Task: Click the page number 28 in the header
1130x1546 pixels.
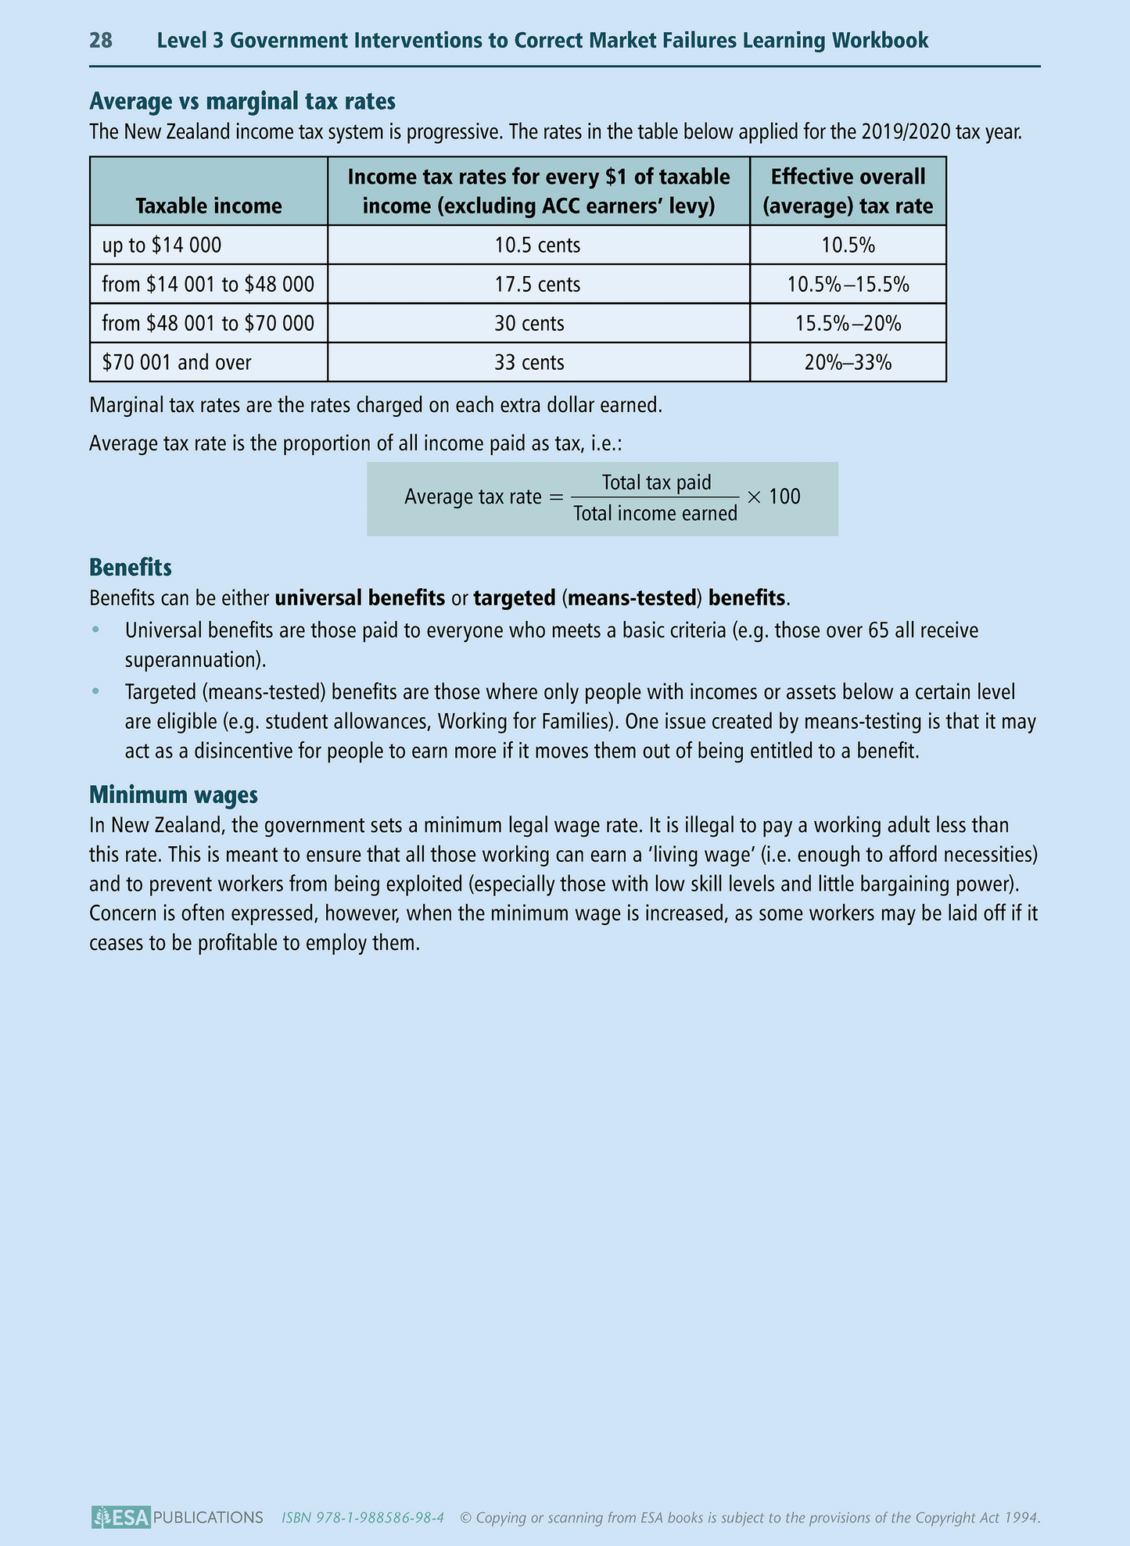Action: click(x=101, y=41)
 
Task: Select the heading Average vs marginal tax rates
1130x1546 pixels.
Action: click(x=242, y=101)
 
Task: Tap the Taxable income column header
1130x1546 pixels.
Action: click(x=209, y=206)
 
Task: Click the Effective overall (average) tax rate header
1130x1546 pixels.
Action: click(x=848, y=191)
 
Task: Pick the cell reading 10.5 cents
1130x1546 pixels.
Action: click(x=537, y=246)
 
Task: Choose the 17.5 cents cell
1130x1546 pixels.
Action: click(x=537, y=285)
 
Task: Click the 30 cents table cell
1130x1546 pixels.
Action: click(x=529, y=324)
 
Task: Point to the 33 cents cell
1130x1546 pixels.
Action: click(x=529, y=363)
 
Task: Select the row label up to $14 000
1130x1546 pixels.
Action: click(x=162, y=246)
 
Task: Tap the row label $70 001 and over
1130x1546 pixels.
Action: click(x=177, y=363)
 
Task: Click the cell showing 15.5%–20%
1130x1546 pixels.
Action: click(x=848, y=324)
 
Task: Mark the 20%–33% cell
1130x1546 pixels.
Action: click(x=848, y=363)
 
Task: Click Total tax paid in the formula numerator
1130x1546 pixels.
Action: click(x=656, y=482)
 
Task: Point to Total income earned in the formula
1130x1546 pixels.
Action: click(x=655, y=514)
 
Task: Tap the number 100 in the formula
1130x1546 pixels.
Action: click(x=784, y=497)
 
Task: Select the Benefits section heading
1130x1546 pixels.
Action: click(x=131, y=567)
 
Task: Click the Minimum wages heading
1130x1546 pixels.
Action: click(x=174, y=795)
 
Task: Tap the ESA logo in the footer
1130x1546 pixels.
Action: click(x=120, y=1518)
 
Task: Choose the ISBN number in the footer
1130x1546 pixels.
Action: click(x=363, y=1518)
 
